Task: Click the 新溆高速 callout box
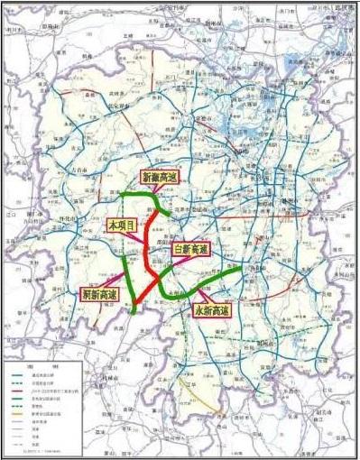[x=162, y=179]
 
